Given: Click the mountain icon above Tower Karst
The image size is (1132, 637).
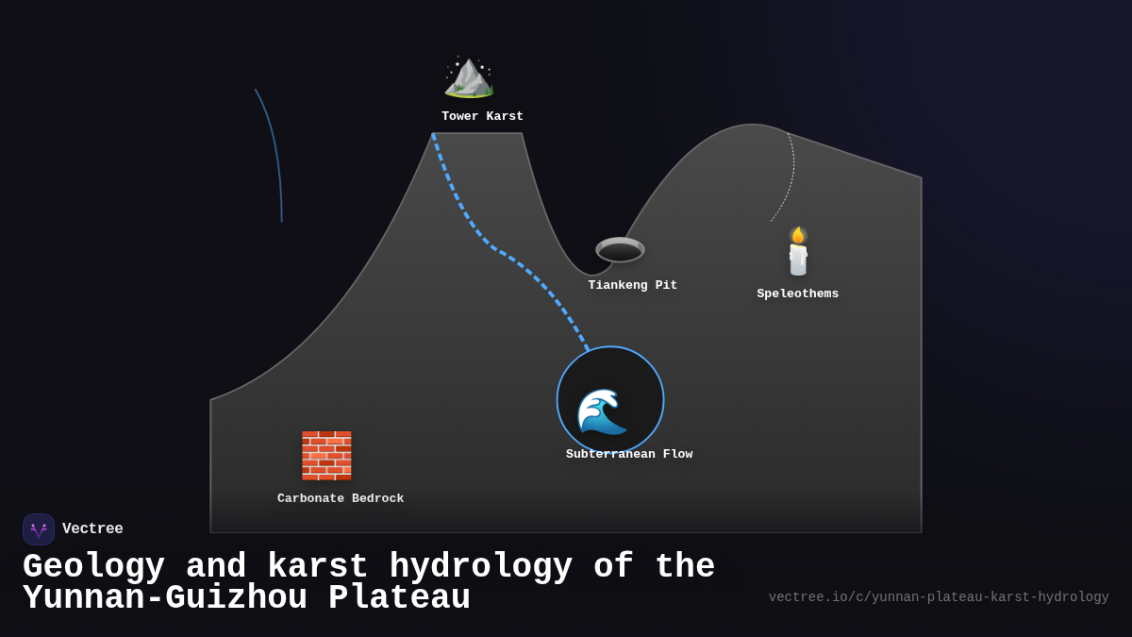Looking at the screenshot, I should click(469, 77).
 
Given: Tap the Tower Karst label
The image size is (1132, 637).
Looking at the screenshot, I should click(482, 117).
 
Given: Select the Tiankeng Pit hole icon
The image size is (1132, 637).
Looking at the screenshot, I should click(620, 250).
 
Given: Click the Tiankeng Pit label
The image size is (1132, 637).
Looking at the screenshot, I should click(632, 285).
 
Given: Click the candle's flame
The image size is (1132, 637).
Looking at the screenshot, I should click(798, 234).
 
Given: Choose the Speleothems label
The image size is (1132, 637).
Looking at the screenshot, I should click(797, 293).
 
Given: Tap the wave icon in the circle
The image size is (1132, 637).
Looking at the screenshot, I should click(602, 411).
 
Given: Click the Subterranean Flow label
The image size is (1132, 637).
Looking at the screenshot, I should click(629, 455).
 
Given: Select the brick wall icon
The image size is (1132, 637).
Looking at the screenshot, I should click(326, 455).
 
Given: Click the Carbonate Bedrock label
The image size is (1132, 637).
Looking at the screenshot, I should click(341, 498).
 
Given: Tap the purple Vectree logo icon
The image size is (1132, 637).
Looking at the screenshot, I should click(39, 529).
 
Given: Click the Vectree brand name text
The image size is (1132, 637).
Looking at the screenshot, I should click(92, 529).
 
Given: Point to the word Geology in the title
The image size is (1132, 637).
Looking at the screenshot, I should click(93, 567).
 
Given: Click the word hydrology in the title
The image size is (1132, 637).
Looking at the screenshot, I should click(480, 567).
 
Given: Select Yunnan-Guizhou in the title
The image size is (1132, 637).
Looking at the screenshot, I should click(165, 598).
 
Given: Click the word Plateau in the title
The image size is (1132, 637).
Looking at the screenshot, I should click(399, 598).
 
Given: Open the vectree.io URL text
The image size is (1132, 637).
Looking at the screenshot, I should click(938, 597).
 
